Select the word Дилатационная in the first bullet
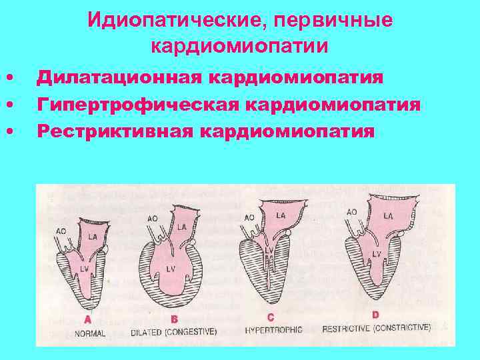pos(120,78)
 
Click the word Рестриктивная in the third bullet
pos(114,130)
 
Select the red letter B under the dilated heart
pos(175,319)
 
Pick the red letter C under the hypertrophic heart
pos(271,318)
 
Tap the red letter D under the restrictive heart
pos(375,315)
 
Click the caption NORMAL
pos(91,332)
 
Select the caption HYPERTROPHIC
pos(273,330)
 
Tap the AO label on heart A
pos(60,231)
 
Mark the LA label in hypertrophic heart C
pos(281,215)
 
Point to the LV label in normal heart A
pos(85,267)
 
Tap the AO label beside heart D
pos(351,211)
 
